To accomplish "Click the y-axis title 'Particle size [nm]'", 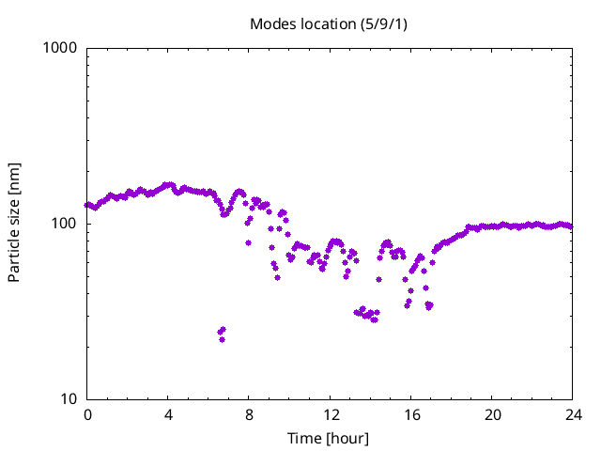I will click(15, 223).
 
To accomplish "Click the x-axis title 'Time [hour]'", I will click(329, 439).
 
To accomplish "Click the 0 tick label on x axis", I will click(87, 414).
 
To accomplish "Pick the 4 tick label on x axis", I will click(168, 414).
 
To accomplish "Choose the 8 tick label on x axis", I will click(249, 414).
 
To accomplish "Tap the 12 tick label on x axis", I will click(331, 414).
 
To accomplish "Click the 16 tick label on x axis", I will click(411, 414).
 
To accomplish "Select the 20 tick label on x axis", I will click(492, 414).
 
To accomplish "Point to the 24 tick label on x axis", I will click(573, 414).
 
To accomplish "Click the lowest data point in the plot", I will click(222, 339).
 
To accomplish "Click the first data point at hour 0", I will click(87, 205).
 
